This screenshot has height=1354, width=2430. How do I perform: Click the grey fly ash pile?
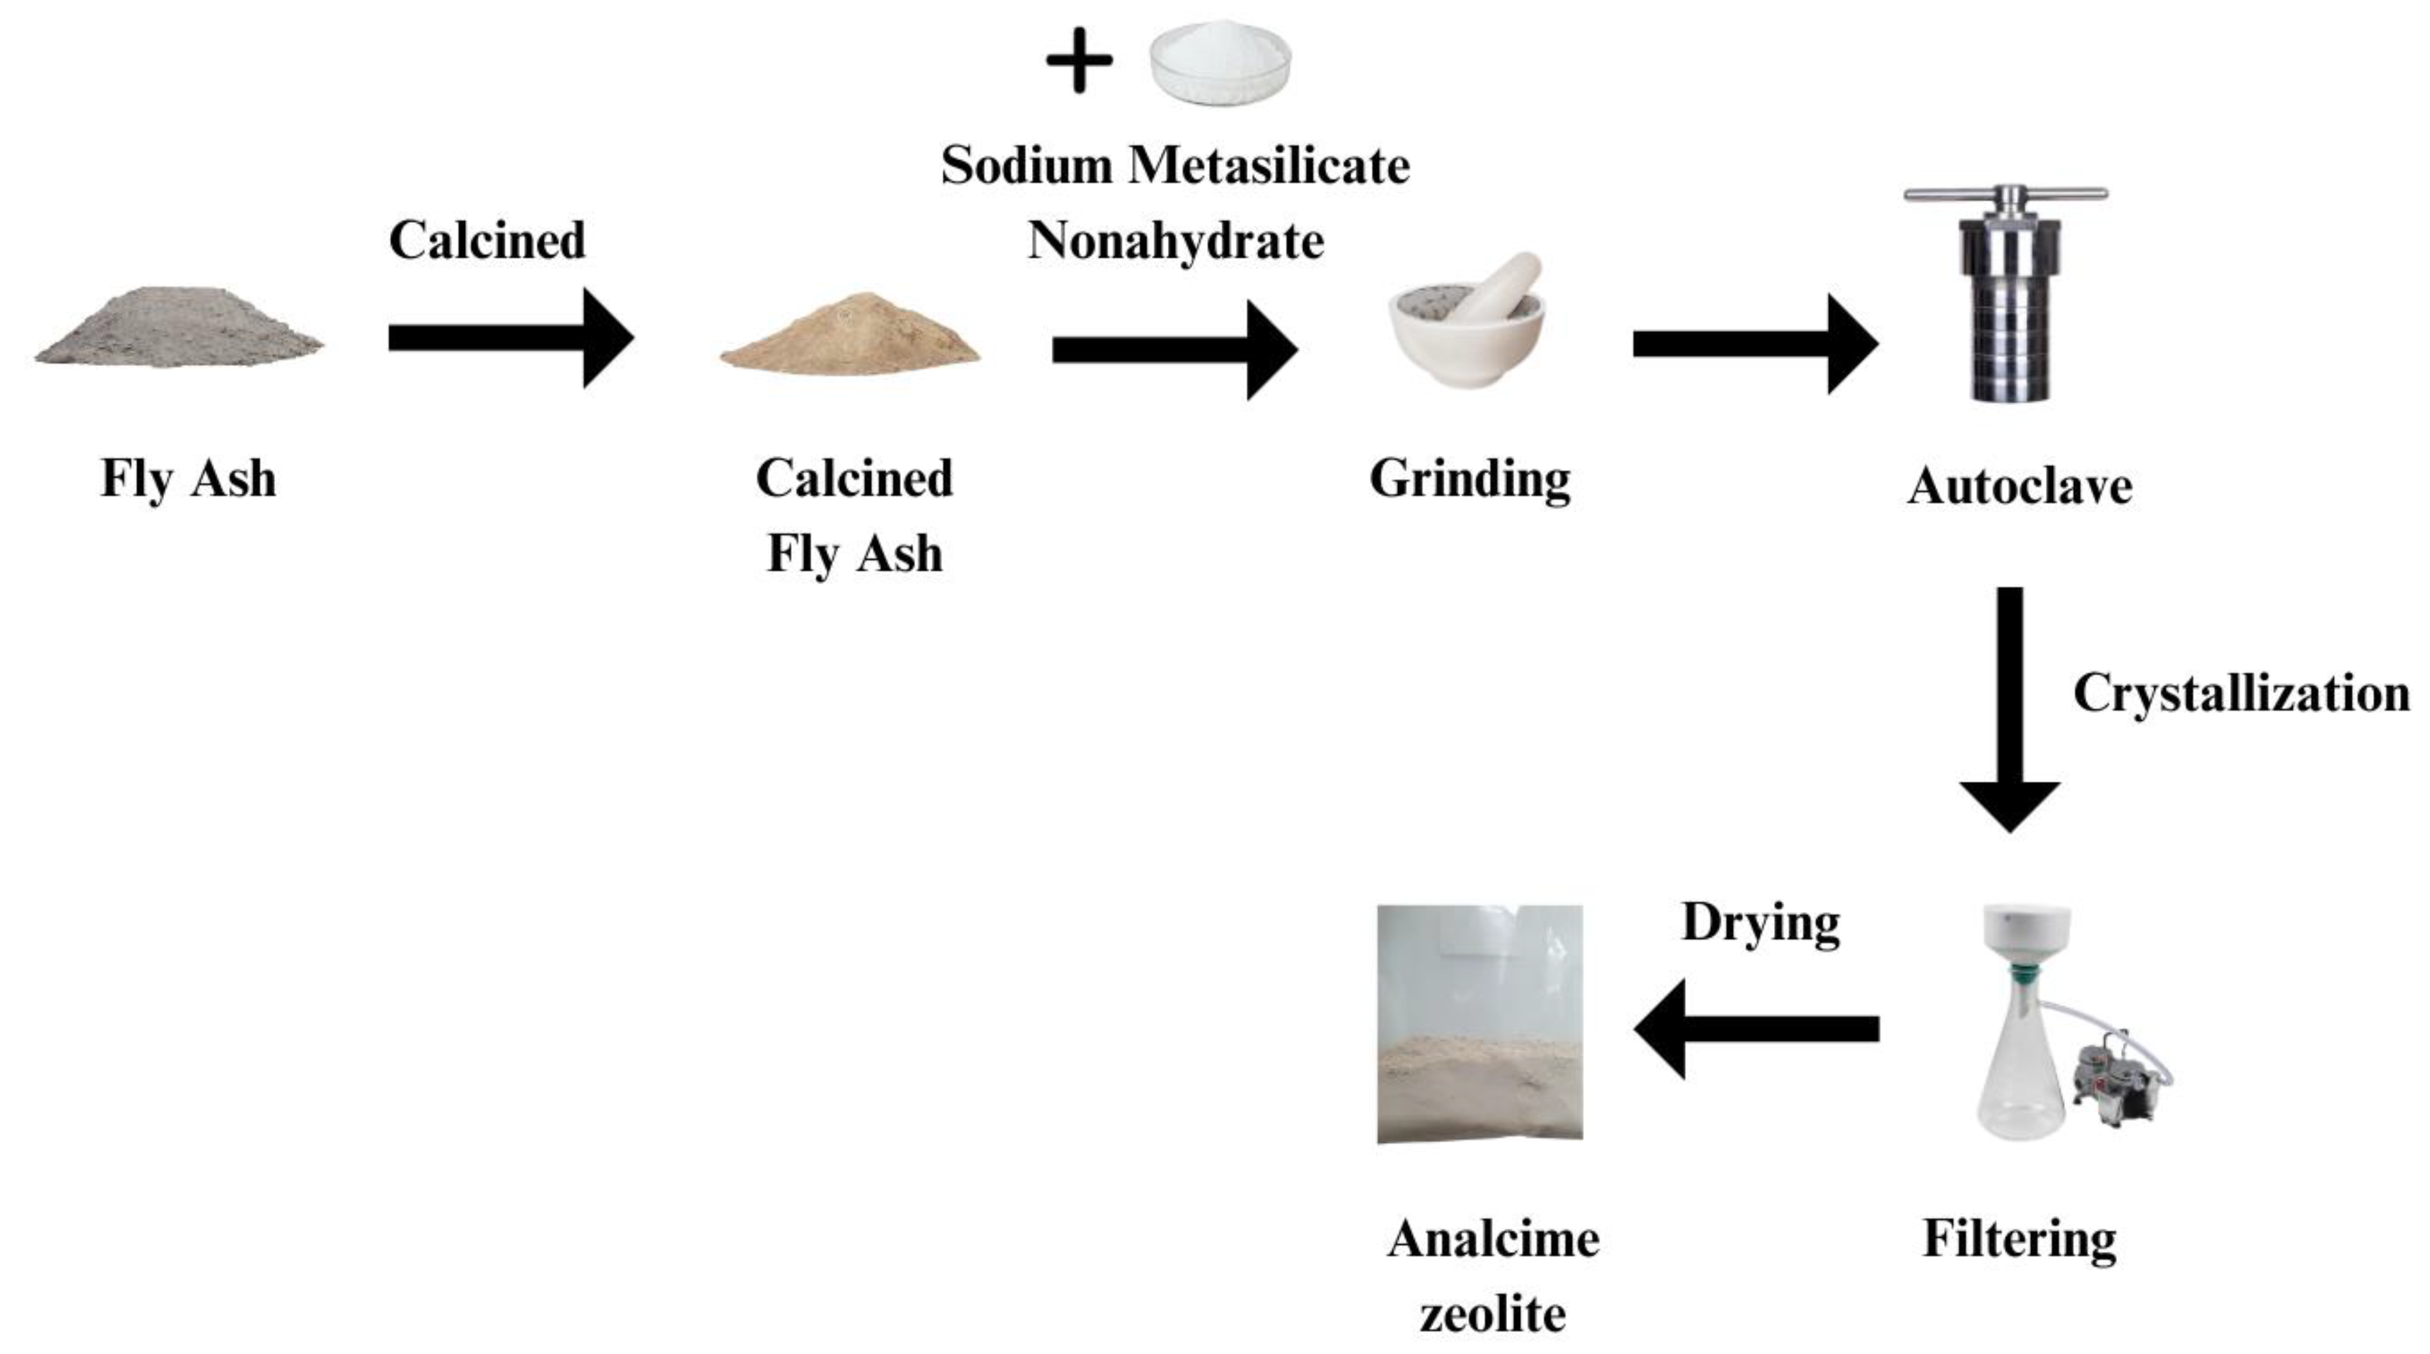[x=179, y=330]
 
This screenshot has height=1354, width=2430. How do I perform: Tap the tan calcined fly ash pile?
[x=850, y=335]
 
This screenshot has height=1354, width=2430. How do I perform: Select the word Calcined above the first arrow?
[x=487, y=240]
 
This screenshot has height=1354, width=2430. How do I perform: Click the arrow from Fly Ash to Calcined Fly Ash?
[x=510, y=338]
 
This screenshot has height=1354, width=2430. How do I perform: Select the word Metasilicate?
[x=1269, y=165]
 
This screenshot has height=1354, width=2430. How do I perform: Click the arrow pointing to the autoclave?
[x=1755, y=344]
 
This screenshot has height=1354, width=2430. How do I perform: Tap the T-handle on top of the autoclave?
[x=2005, y=195]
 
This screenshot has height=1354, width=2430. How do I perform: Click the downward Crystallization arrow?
[x=2010, y=708]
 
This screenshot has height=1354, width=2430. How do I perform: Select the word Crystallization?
[x=2241, y=693]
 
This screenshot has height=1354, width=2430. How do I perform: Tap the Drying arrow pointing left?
[x=1755, y=1029]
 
